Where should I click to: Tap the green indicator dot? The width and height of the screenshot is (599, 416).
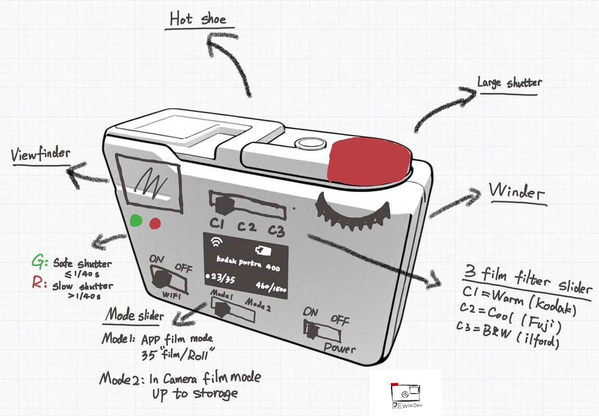(x=136, y=220)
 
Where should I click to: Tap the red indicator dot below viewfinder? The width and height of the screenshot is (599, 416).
(x=155, y=224)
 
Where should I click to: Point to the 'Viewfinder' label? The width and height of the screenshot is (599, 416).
(x=41, y=154)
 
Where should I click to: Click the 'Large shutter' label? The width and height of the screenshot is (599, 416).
(x=510, y=83)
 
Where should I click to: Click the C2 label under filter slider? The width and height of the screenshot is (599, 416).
(x=248, y=227)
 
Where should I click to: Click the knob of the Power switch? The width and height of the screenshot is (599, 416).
(x=314, y=331)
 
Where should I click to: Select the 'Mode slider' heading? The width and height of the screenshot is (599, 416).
(x=135, y=315)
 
